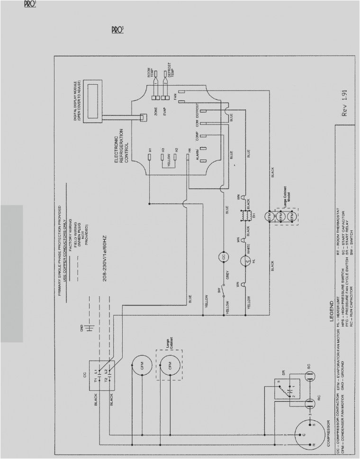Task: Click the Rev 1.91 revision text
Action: pyautogui.click(x=346, y=104)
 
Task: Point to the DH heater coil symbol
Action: pyautogui.click(x=245, y=215)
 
